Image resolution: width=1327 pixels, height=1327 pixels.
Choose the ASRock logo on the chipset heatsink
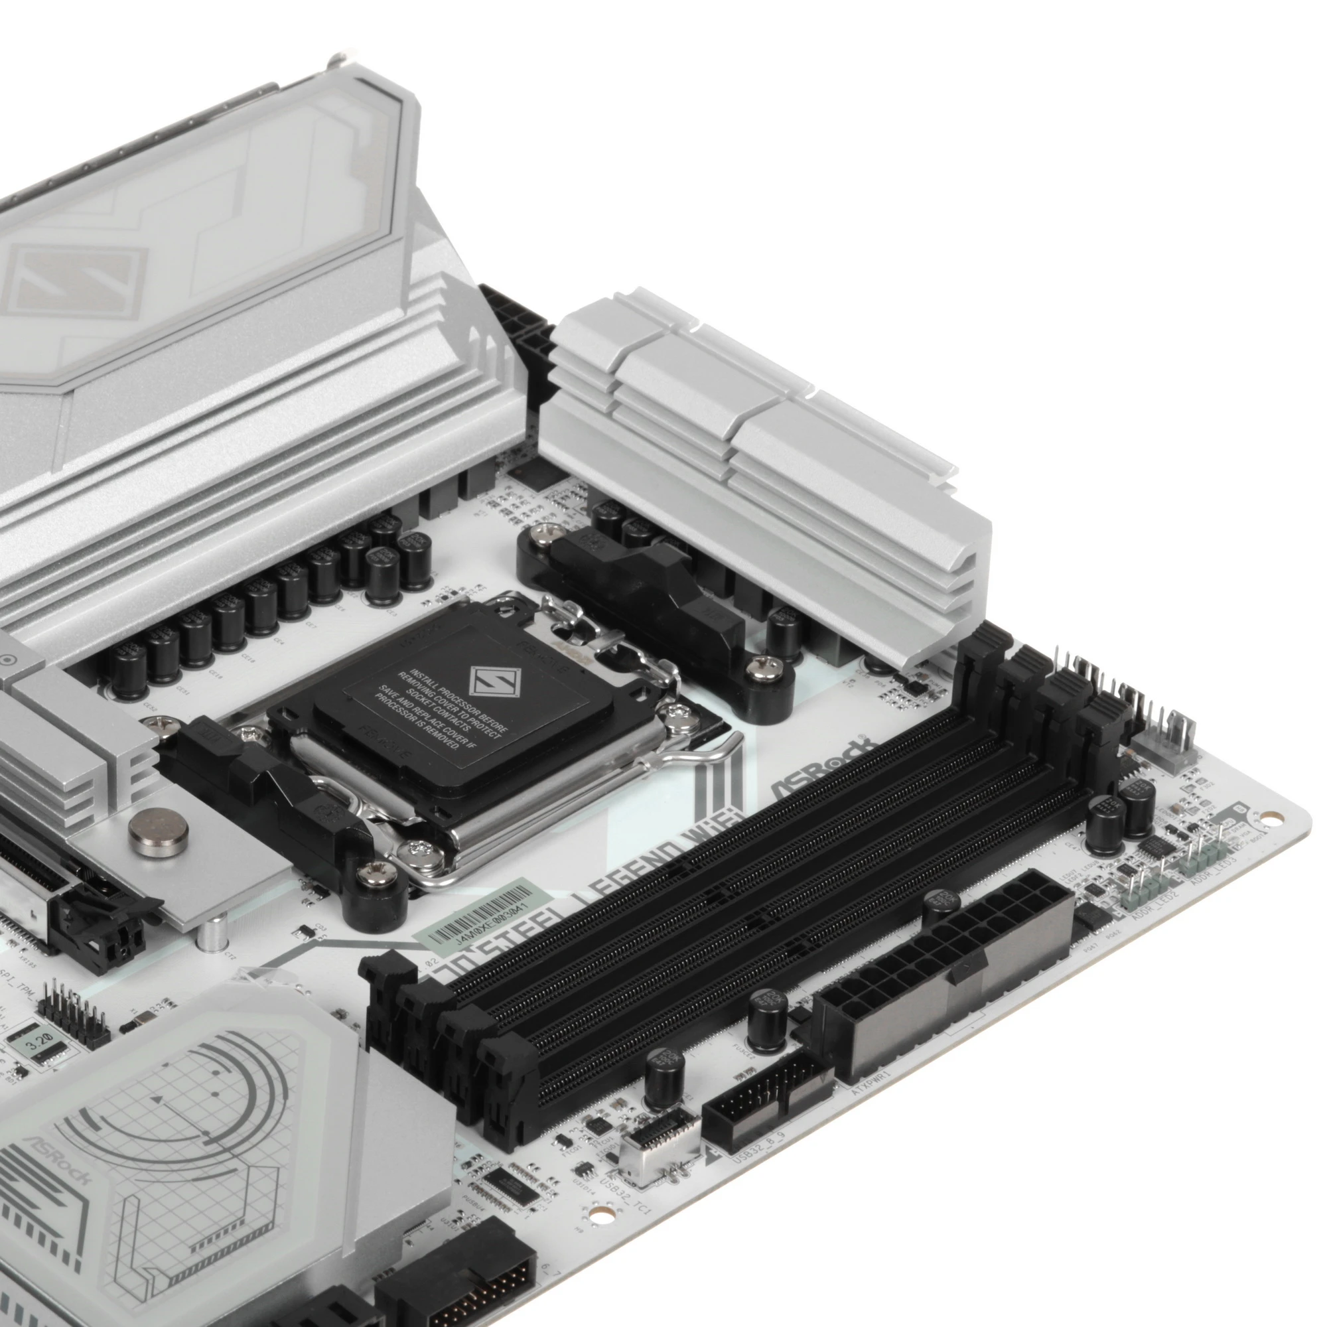(x=58, y=1160)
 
